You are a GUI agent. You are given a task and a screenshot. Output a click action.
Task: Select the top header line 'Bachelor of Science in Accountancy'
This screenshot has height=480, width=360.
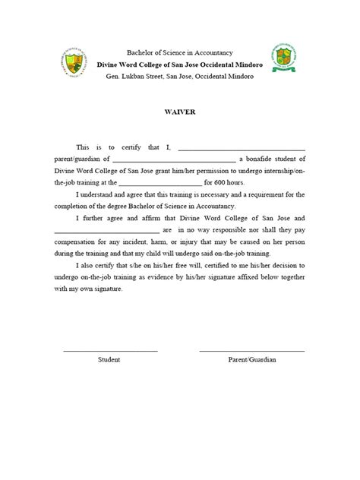coord(179,55)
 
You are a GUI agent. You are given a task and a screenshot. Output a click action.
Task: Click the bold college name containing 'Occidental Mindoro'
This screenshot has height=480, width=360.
coord(179,66)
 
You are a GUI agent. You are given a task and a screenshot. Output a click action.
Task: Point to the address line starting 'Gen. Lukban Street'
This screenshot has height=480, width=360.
coord(179,77)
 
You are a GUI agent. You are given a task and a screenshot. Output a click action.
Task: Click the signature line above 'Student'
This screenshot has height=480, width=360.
coord(110,350)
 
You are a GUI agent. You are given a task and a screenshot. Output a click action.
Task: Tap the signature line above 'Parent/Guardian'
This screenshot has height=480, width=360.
coord(251,350)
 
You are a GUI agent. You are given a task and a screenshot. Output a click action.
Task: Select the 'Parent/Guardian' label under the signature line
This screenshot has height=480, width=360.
coord(251,359)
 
